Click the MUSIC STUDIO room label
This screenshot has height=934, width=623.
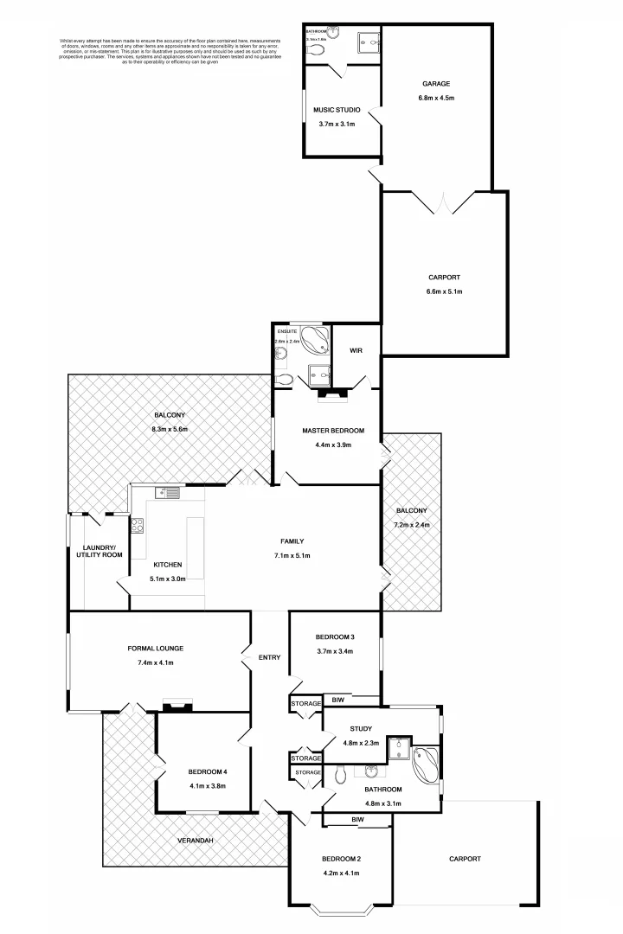pos(337,110)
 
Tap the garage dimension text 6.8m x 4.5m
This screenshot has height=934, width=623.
pos(435,98)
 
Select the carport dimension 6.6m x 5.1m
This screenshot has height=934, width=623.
pos(444,291)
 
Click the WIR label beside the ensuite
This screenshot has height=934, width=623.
pos(356,351)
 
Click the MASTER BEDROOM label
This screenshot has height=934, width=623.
pos(332,431)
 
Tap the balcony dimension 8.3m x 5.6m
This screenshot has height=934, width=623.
pos(169,429)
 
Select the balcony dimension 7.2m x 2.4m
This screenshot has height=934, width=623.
pos(412,525)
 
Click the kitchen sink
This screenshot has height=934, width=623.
pos(166,493)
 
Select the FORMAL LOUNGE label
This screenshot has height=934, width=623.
pos(156,648)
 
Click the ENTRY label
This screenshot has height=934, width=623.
pos(269,658)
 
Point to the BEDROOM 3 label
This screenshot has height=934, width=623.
pos(335,637)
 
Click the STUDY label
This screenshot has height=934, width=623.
pos(361,728)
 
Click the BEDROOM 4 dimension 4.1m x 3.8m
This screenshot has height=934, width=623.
pos(207,786)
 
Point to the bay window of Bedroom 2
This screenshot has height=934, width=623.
pos(340,908)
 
